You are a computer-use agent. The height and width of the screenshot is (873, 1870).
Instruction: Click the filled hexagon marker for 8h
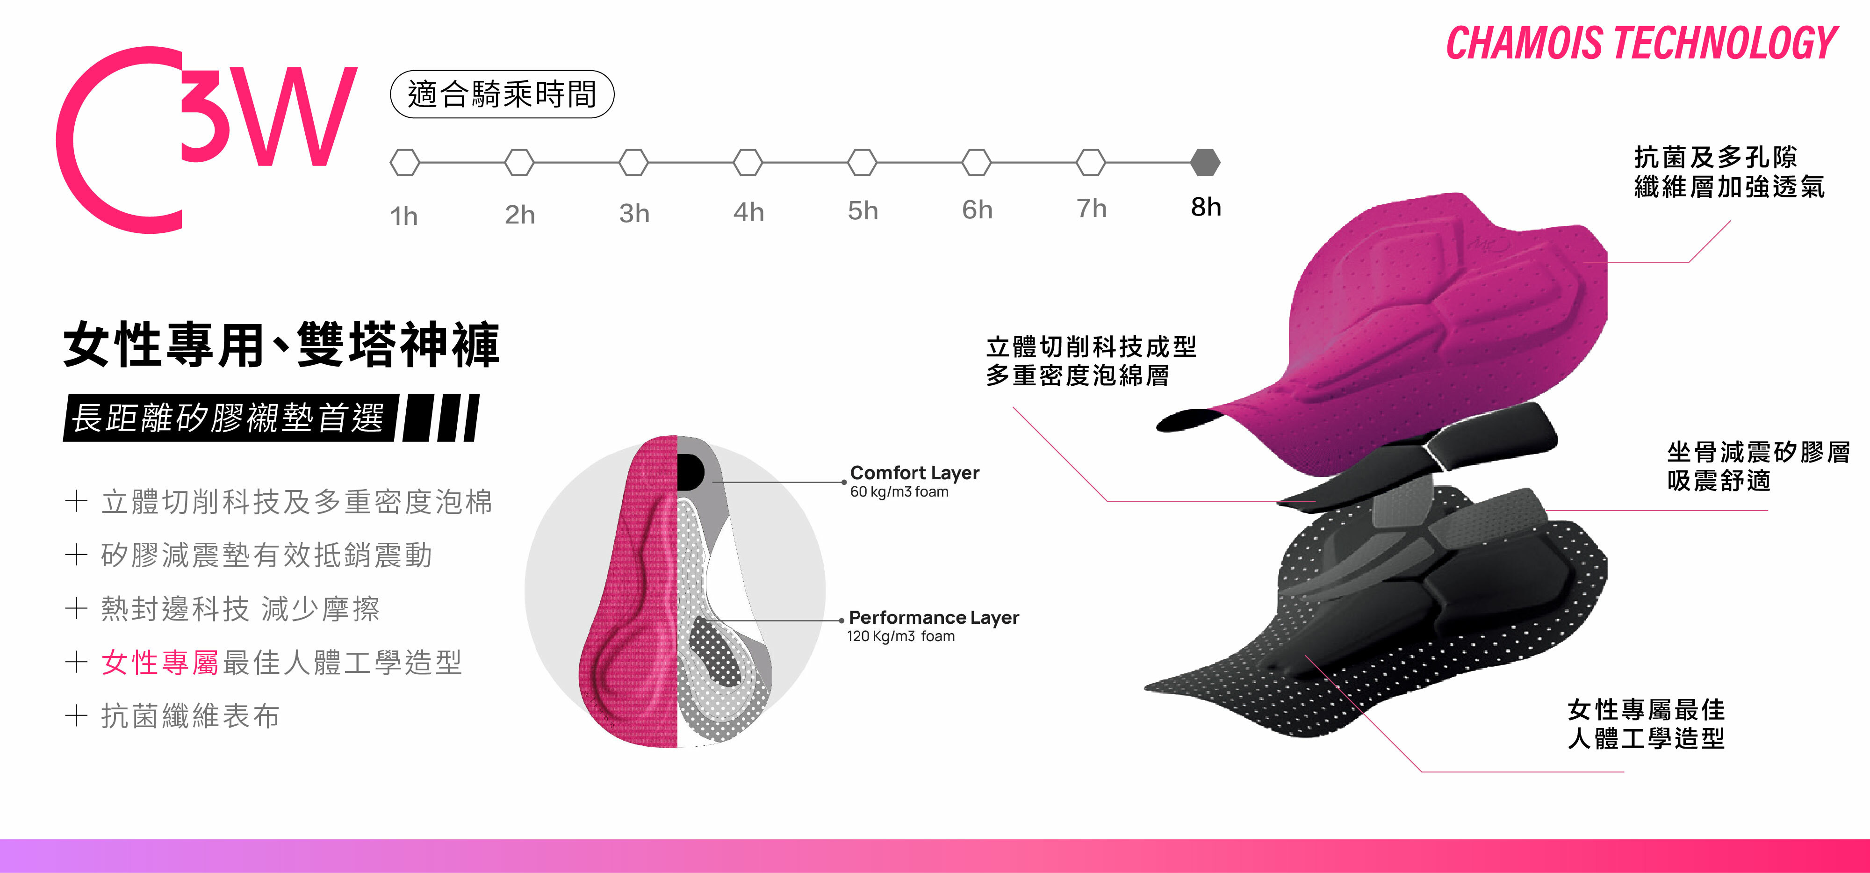(x=1205, y=162)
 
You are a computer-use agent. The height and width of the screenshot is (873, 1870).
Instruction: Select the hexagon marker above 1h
(x=405, y=162)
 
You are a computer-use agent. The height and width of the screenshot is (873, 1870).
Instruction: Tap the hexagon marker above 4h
(x=748, y=162)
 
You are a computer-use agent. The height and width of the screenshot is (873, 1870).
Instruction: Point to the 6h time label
(x=977, y=210)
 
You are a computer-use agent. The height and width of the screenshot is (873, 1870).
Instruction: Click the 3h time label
(x=634, y=213)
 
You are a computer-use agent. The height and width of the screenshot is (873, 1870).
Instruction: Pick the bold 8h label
(x=1206, y=207)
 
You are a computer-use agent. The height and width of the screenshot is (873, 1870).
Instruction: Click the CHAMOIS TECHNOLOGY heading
(x=1641, y=43)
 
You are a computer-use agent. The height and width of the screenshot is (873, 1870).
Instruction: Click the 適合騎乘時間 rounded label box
(x=503, y=94)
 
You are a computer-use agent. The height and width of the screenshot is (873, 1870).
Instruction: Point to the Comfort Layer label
(x=915, y=473)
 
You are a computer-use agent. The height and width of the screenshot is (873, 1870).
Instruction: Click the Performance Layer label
(x=934, y=617)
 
